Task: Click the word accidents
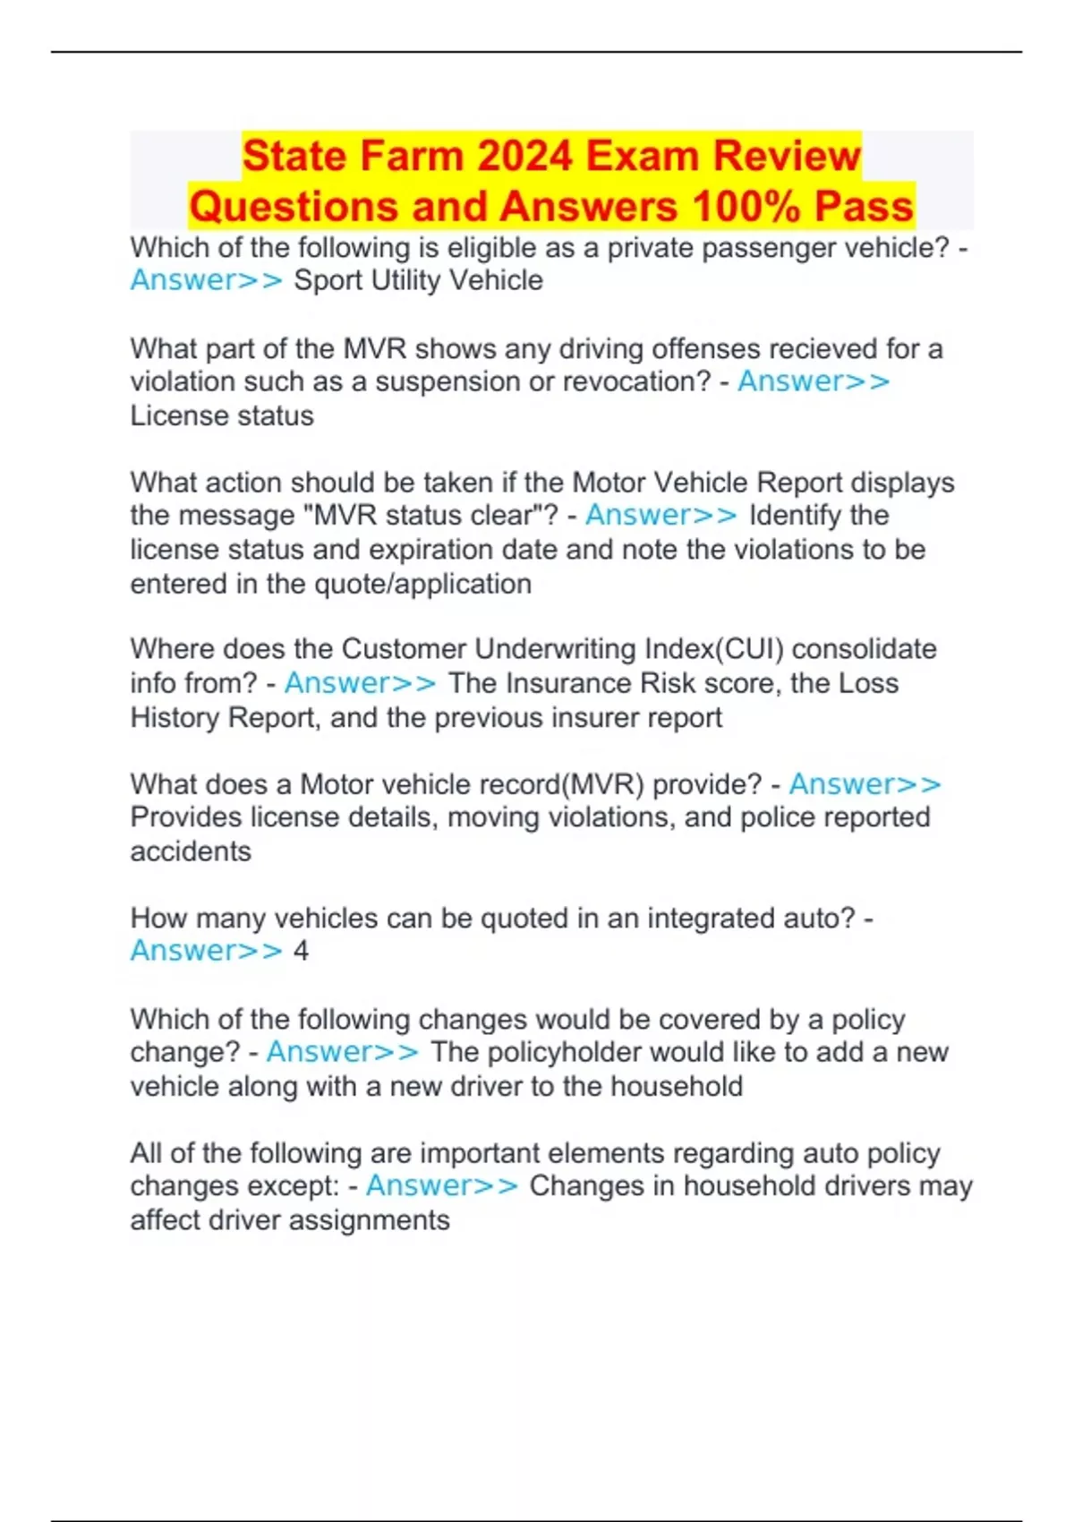pyautogui.click(x=191, y=851)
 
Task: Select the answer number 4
pyautogui.click(x=302, y=951)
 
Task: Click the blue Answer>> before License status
pyautogui.click(x=814, y=381)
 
